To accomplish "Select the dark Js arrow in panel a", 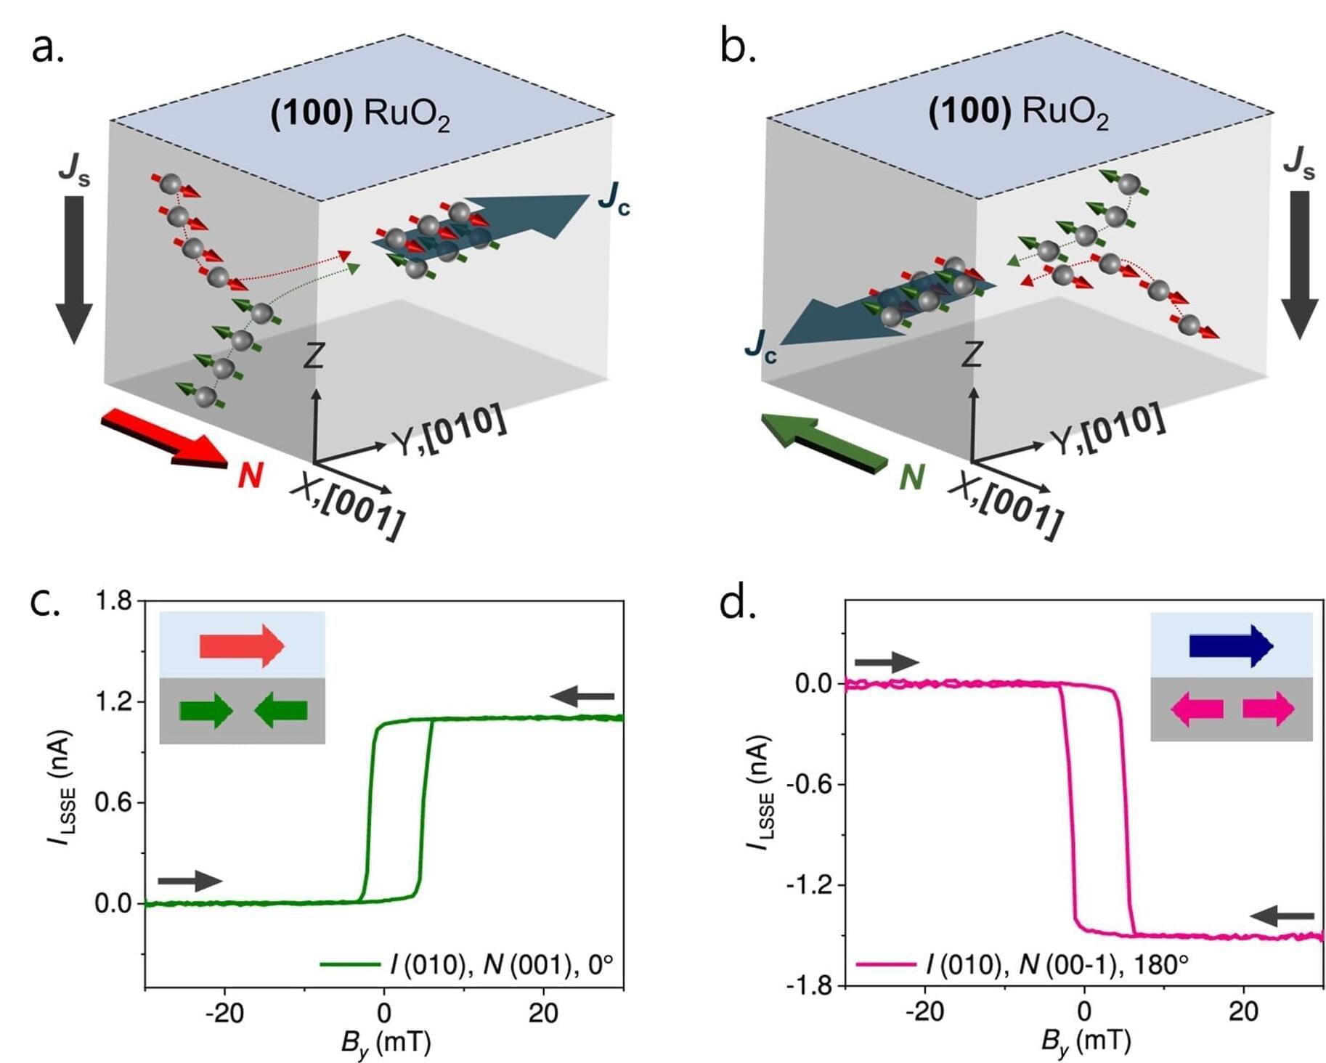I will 74,269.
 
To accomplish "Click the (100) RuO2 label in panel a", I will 360,114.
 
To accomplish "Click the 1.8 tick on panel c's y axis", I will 114,601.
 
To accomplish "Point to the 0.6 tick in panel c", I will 114,802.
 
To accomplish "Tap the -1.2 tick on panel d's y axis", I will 809,885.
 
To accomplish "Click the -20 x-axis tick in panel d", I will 924,1011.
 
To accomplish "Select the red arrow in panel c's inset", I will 242,645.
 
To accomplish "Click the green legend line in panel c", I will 350,964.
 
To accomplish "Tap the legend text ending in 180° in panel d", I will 1057,964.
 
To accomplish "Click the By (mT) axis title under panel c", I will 386,1043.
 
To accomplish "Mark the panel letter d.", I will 738,604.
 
